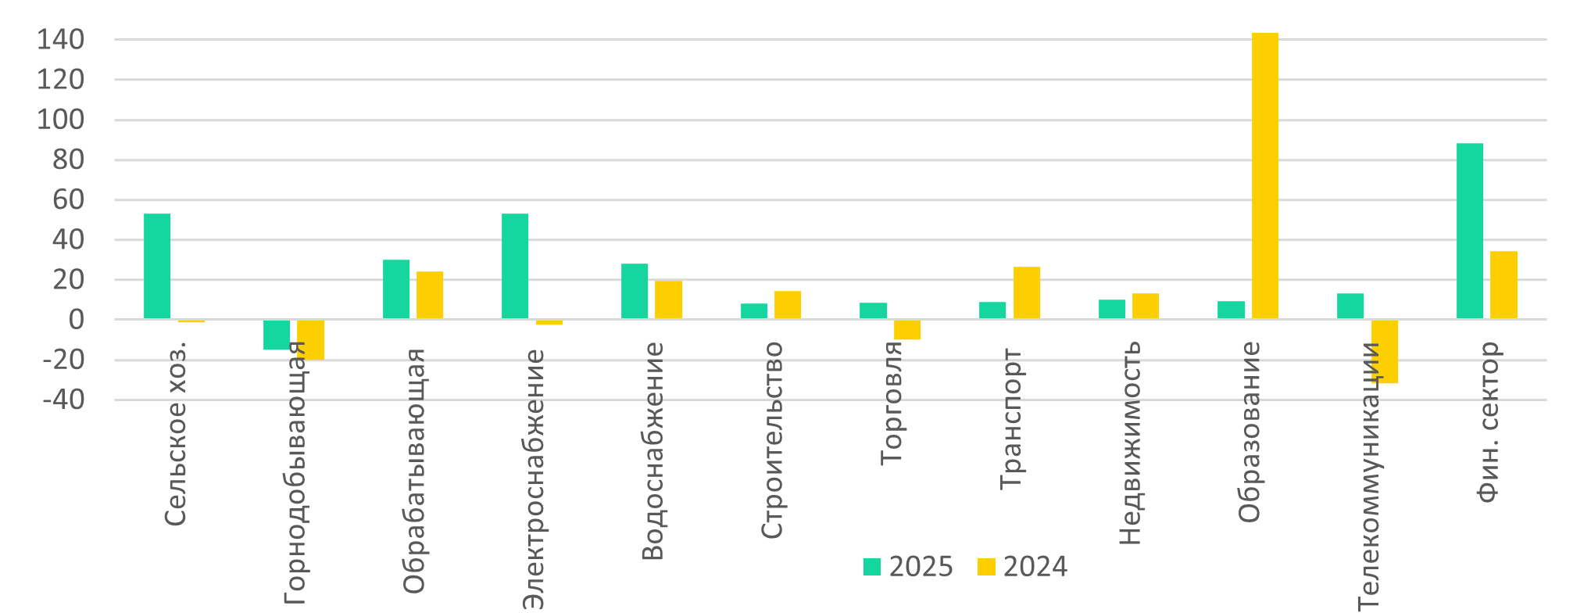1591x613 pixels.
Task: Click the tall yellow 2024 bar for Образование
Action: click(1264, 176)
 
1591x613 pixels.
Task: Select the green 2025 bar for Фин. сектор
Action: click(1469, 231)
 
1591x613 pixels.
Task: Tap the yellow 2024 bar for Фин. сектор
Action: click(1503, 285)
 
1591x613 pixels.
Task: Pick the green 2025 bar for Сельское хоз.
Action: click(157, 267)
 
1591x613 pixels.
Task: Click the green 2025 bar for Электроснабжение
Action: click(514, 267)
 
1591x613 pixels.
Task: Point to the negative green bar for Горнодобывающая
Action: click(276, 335)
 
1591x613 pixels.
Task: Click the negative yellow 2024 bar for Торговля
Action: click(907, 329)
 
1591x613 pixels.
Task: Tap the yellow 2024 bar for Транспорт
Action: click(1026, 293)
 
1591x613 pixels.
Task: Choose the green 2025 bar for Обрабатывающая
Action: click(395, 289)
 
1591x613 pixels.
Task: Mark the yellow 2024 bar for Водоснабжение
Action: click(668, 300)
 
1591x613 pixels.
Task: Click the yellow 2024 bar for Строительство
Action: click(787, 305)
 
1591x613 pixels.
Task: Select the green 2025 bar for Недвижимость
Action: click(1111, 310)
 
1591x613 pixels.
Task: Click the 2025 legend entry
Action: click(908, 567)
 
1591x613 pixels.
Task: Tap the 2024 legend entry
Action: click(1022, 567)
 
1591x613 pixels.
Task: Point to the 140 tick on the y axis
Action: click(60, 40)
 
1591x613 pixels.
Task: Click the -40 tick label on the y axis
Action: click(63, 400)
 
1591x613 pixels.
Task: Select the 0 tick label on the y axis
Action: click(76, 320)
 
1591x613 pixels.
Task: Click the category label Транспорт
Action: click(1011, 419)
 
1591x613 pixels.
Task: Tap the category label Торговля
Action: click(892, 403)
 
